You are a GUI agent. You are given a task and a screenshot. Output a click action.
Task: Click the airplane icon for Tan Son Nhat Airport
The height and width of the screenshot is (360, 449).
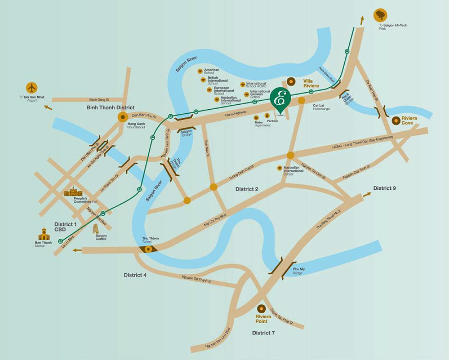[x=32, y=88]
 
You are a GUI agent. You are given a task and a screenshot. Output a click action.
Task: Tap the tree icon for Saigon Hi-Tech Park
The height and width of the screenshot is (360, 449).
[x=380, y=15]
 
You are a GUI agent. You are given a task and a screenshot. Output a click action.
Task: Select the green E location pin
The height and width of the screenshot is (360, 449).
[x=280, y=98]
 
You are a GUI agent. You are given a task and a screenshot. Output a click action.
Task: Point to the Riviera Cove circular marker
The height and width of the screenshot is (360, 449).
[x=396, y=120]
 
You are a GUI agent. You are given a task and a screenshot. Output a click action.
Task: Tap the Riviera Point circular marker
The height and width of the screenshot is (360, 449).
[x=261, y=309]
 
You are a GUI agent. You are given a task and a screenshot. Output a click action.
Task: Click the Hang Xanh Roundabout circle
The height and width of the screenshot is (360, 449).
[x=123, y=117]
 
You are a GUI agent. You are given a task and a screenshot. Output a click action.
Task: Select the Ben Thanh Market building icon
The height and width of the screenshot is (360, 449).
[x=44, y=234]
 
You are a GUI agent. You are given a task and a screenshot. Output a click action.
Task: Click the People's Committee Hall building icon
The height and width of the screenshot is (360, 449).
[x=73, y=191]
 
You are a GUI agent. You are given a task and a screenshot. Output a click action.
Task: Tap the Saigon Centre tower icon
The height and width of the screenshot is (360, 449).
[x=95, y=229]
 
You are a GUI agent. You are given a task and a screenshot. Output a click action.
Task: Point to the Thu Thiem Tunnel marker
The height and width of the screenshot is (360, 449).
[x=148, y=249]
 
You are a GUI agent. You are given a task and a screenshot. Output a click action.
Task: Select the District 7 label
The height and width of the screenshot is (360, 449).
[x=263, y=333]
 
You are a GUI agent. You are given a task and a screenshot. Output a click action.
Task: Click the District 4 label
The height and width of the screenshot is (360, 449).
[x=135, y=275]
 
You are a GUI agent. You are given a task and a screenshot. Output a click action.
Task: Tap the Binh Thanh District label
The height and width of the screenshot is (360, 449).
[x=110, y=108]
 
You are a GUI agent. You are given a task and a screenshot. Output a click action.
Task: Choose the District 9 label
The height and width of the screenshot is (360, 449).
[x=385, y=188]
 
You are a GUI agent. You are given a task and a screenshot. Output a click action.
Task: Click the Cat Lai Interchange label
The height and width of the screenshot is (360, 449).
[x=321, y=107]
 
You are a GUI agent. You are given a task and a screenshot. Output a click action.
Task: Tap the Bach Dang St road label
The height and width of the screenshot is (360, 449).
[x=100, y=100]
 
